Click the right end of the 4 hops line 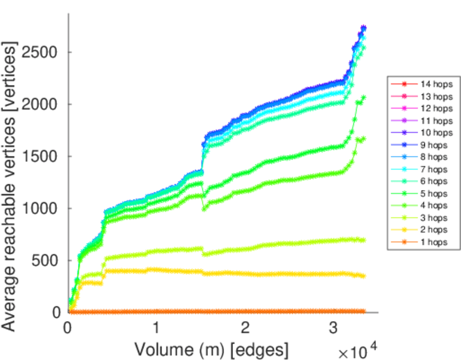coord(363,139)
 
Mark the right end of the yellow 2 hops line coord(363,276)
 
